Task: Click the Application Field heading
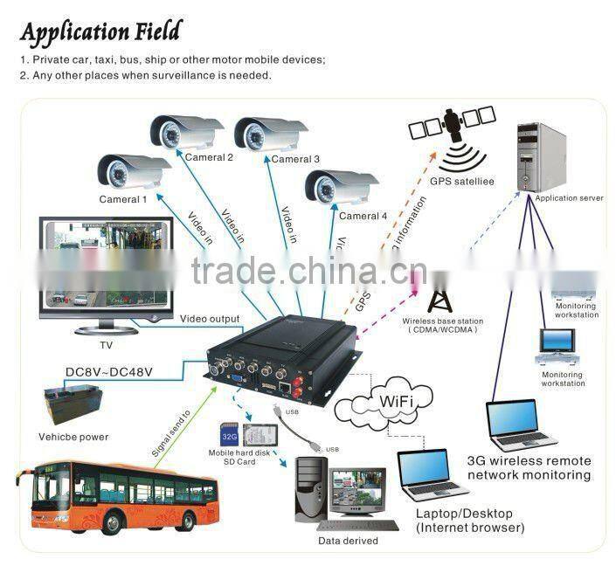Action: click(100, 32)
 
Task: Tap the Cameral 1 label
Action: click(122, 199)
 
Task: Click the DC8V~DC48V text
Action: click(109, 372)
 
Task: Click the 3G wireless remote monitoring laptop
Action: click(522, 425)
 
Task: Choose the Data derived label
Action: click(348, 541)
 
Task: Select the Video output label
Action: click(210, 318)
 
